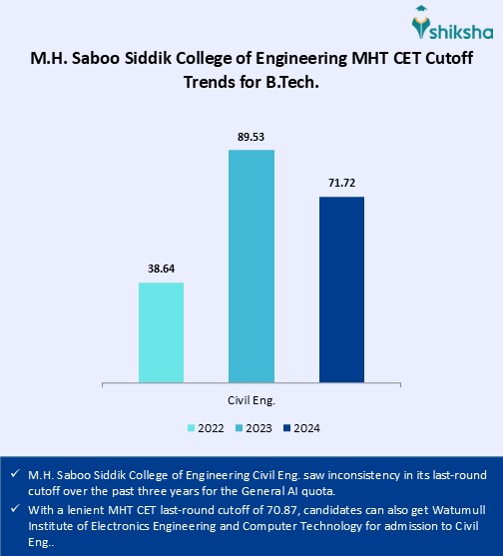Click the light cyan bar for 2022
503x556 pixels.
click(161, 331)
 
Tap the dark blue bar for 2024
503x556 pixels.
click(341, 288)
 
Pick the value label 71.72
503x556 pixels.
click(341, 185)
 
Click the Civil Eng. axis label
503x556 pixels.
click(251, 400)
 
